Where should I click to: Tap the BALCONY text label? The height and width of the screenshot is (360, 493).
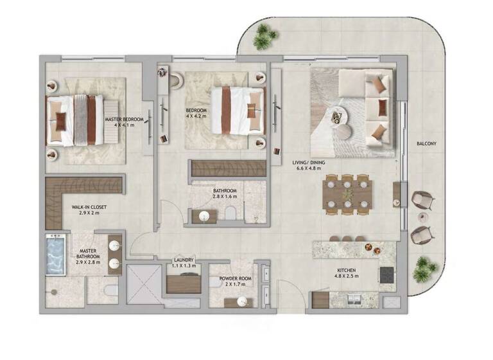click(426, 144)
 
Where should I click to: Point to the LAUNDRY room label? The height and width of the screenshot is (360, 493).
click(184, 261)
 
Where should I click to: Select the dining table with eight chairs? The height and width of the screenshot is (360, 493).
click(347, 193)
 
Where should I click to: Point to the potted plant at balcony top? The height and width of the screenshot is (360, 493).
click(264, 37)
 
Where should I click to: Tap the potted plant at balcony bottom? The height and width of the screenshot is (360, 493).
click(424, 269)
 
